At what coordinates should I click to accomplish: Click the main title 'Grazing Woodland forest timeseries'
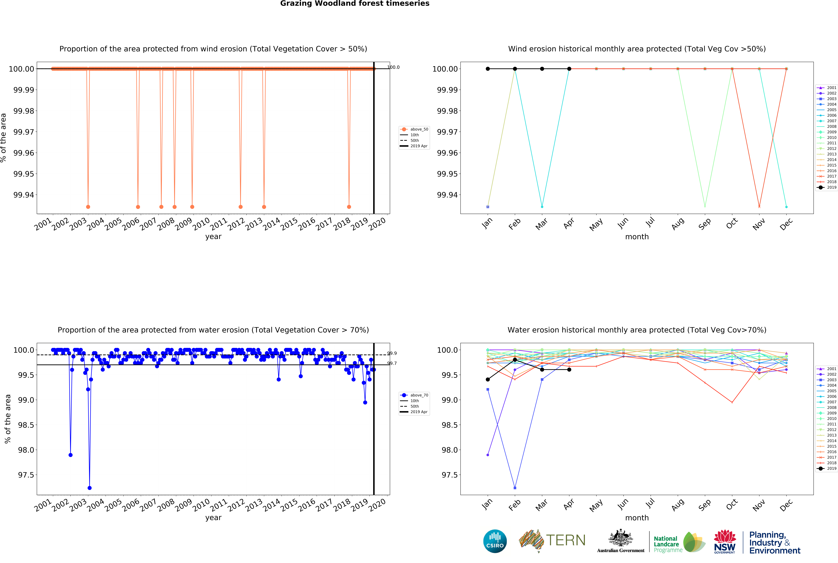pyautogui.click(x=355, y=4)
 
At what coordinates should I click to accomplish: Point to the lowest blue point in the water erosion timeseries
pyautogui.click(x=89, y=488)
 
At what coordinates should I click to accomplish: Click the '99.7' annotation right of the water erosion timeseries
pyautogui.click(x=392, y=363)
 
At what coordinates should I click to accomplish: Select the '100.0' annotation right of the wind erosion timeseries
pyautogui.click(x=393, y=67)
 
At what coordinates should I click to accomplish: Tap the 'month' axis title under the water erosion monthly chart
pyautogui.click(x=637, y=518)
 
